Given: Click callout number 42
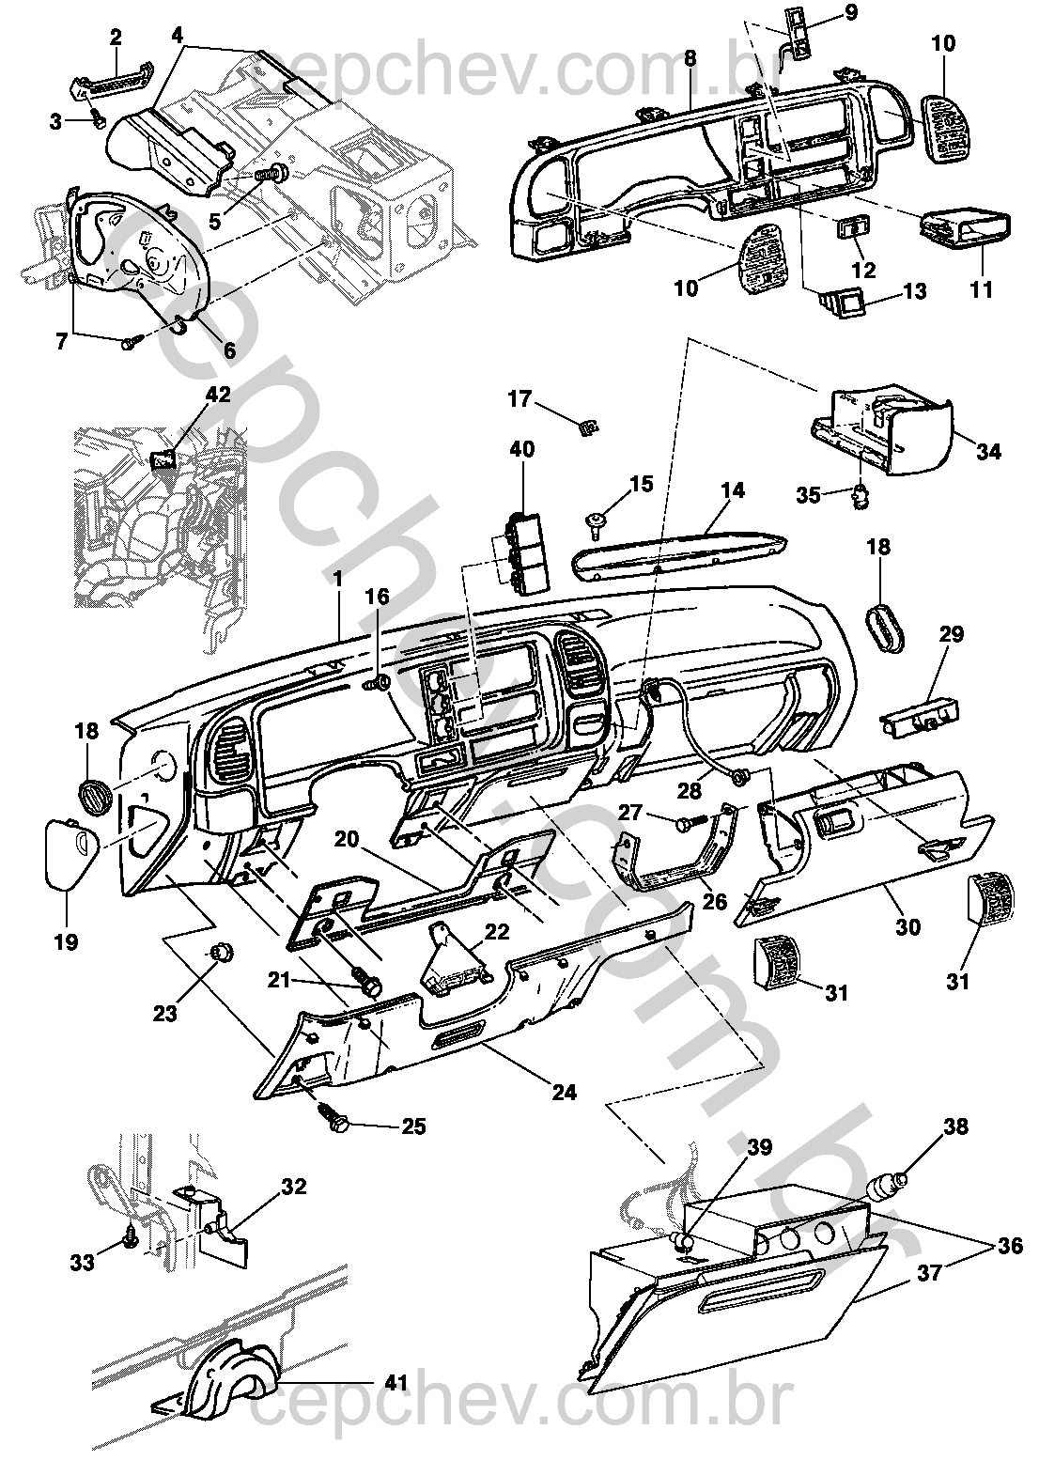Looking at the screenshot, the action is [219, 395].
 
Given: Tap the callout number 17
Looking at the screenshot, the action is [520, 398].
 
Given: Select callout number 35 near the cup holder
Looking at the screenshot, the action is [809, 495].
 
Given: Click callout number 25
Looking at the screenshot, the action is [412, 1126].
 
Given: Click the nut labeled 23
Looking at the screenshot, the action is [223, 954].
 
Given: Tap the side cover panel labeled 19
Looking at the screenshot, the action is [70, 853].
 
